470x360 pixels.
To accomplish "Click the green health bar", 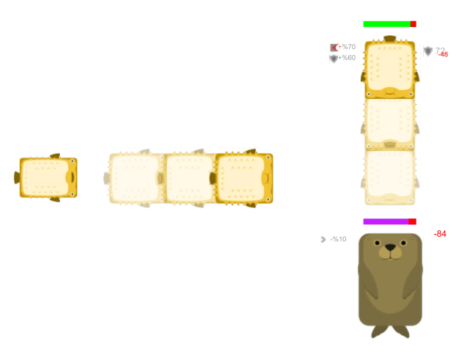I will click(386, 24).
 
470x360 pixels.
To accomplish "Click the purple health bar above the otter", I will click(385, 222).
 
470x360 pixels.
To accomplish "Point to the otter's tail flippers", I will click(390, 331).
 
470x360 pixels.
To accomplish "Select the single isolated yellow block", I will click(47, 177).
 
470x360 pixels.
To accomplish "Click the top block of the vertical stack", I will click(390, 67).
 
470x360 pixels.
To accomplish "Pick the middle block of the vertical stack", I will click(390, 122).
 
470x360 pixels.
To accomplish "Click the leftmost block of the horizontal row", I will click(134, 178).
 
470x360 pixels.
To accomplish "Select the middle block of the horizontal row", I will click(188, 178).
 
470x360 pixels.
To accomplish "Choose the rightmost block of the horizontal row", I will click(243, 178).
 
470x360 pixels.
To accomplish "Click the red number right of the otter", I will click(441, 234).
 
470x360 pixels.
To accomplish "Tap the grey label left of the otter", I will click(331, 240).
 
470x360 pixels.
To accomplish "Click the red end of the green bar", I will click(413, 24).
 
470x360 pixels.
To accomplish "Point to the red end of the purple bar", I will click(412, 222).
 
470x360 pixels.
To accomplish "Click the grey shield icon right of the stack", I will click(427, 51).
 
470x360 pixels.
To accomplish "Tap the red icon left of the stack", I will click(335, 48).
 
